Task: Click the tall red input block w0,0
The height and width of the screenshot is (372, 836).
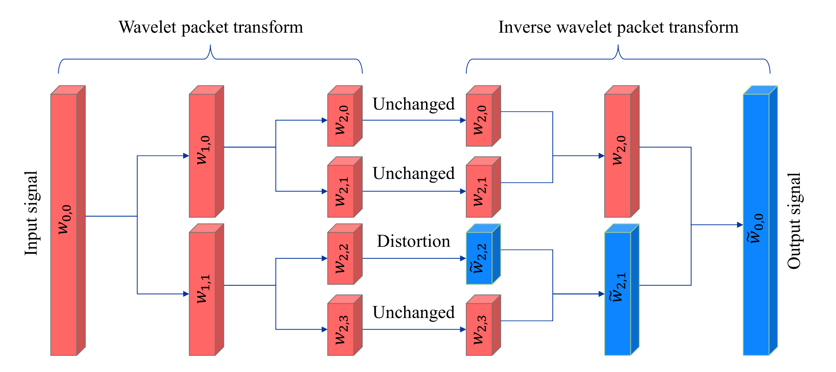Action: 68,221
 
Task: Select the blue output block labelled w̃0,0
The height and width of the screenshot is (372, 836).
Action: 760,221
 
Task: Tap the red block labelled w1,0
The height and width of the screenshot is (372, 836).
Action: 206,151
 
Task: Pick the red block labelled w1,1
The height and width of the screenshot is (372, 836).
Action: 206,290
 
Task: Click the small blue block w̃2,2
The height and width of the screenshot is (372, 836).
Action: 483,254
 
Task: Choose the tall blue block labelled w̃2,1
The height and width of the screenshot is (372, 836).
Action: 622,290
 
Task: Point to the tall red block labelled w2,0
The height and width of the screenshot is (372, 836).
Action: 622,151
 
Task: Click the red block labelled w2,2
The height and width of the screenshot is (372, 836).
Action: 345,254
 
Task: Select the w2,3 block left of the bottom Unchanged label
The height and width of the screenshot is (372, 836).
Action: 345,325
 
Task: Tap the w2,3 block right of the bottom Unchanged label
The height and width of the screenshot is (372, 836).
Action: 483,325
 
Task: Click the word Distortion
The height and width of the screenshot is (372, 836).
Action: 413,241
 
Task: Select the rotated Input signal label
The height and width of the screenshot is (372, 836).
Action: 32,213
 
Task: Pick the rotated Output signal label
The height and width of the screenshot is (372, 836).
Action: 794,220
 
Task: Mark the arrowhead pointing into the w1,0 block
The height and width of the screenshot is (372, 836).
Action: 186,156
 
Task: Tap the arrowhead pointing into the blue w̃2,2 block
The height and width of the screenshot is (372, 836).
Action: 463,258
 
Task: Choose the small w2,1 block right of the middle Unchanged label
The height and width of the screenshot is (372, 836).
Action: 483,187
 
